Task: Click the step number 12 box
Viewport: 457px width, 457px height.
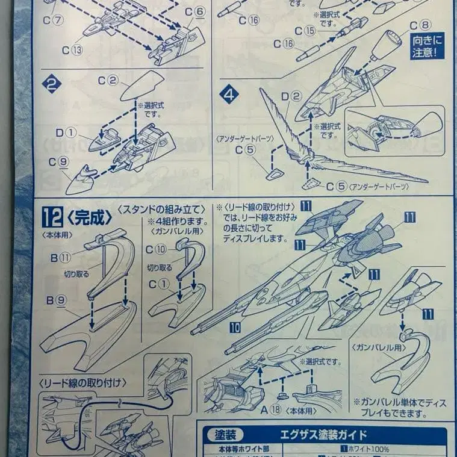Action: point(51,216)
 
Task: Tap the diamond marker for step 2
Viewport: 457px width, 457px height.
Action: point(52,85)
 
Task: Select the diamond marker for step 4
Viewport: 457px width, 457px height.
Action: point(229,95)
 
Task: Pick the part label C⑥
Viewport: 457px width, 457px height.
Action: point(195,11)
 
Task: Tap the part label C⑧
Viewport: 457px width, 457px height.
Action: point(420,25)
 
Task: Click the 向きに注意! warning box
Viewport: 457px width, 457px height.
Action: point(427,46)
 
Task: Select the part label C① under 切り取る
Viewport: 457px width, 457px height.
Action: point(157,283)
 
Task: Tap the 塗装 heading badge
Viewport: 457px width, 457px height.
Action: point(223,435)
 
